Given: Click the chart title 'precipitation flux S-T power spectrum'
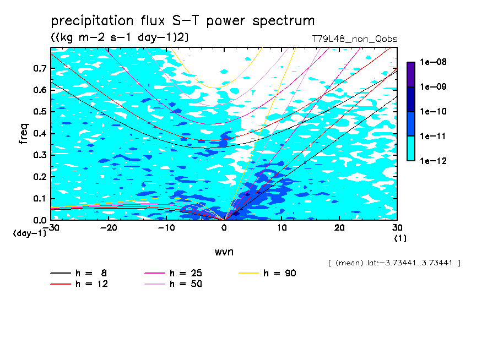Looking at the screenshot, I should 182,21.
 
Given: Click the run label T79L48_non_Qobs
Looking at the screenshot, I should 354,39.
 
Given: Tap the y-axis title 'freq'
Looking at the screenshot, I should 24,134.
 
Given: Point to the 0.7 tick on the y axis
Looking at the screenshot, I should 40,68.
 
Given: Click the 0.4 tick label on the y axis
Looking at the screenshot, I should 40,134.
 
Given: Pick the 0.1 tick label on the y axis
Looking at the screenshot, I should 40,199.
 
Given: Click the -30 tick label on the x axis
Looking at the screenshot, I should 51,227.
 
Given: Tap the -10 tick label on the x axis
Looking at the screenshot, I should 166,227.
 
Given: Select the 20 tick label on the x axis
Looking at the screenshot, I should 339,227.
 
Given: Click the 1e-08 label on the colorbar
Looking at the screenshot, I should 433,62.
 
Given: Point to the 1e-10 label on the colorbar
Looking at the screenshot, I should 433,112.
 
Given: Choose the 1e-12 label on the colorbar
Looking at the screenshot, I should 433,161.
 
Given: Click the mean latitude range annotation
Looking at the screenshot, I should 394,263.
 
